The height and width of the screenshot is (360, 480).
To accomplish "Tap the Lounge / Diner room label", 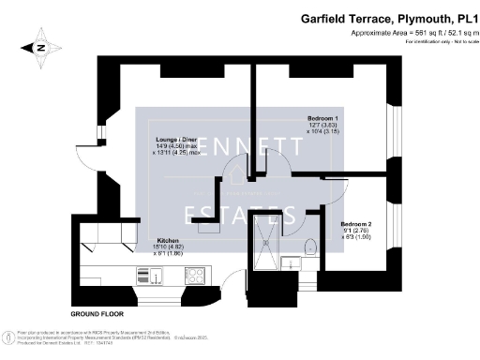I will tap(176, 140).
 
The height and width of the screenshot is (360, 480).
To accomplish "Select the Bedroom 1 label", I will tap(322, 118).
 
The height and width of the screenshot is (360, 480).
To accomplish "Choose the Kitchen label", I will tap(169, 241).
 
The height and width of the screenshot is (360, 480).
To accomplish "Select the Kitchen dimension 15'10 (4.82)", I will tap(169, 247).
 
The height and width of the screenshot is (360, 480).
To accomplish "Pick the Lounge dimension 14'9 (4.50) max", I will tap(176, 146).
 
